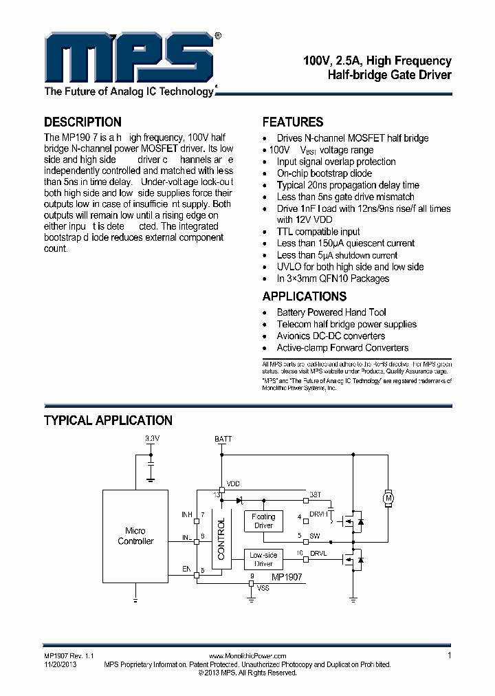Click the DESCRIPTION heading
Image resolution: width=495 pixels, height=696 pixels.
(x=82, y=122)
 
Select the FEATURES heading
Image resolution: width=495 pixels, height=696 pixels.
(x=293, y=122)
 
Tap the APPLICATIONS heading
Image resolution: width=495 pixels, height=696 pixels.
(x=305, y=296)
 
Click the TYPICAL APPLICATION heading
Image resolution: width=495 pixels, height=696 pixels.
(x=108, y=420)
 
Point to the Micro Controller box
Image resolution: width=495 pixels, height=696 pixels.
(x=135, y=536)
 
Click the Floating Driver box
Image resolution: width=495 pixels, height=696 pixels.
(x=263, y=521)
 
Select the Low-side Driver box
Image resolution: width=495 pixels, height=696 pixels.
(x=263, y=559)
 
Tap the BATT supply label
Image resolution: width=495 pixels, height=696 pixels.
(x=223, y=438)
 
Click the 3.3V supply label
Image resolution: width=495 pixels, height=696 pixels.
(x=152, y=438)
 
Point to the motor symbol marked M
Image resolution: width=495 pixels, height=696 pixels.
(x=386, y=497)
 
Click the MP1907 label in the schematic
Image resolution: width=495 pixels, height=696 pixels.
(x=286, y=578)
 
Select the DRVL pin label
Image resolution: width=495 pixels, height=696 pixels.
(x=318, y=553)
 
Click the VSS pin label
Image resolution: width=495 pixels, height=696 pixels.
(x=263, y=589)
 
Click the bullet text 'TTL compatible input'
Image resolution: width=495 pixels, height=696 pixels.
(x=318, y=232)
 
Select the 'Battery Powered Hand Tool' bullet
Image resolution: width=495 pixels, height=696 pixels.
(x=331, y=312)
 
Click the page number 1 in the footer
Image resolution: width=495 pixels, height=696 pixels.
(x=449, y=655)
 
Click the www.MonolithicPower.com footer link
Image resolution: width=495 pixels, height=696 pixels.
(x=247, y=657)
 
